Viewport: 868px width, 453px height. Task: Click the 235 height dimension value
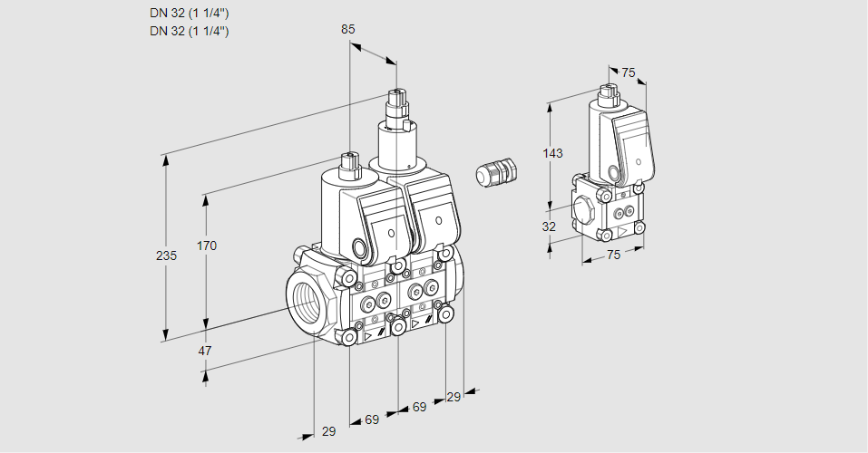[166, 256]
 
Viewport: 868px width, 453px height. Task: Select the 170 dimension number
[208, 246]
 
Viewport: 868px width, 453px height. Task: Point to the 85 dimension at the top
[348, 29]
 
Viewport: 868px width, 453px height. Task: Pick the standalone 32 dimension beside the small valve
[549, 226]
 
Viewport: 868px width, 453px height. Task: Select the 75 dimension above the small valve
[629, 73]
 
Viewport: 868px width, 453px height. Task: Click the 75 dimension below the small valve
[613, 255]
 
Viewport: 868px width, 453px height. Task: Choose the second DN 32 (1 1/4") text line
[189, 31]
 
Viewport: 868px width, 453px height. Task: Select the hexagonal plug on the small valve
[585, 210]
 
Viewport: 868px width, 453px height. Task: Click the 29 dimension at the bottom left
[328, 431]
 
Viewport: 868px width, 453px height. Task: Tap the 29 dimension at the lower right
[454, 397]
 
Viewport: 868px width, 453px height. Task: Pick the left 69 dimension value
[372, 419]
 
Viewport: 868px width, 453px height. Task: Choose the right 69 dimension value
[419, 407]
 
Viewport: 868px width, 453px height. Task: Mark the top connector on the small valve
[609, 92]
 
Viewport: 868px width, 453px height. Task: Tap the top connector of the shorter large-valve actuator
[350, 163]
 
